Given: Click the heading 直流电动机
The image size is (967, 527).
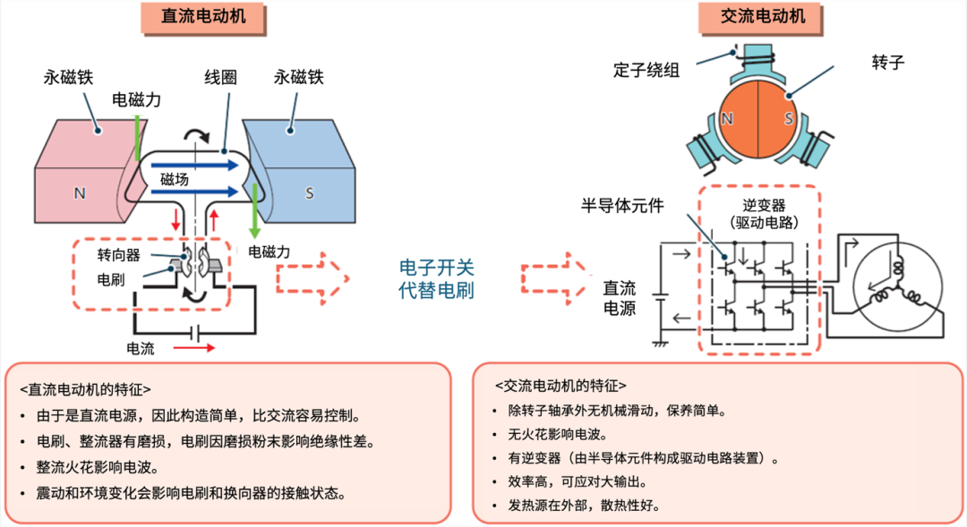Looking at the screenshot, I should pos(193,17).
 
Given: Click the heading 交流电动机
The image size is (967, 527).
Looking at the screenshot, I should pos(763,17).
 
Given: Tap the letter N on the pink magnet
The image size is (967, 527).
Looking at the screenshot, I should pos(80,192).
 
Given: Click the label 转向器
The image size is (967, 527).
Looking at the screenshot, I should pos(119,255).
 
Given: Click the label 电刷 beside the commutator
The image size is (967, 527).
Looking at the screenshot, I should pos(112,278).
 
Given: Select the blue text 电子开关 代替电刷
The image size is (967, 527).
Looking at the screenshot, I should pos(436,278).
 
